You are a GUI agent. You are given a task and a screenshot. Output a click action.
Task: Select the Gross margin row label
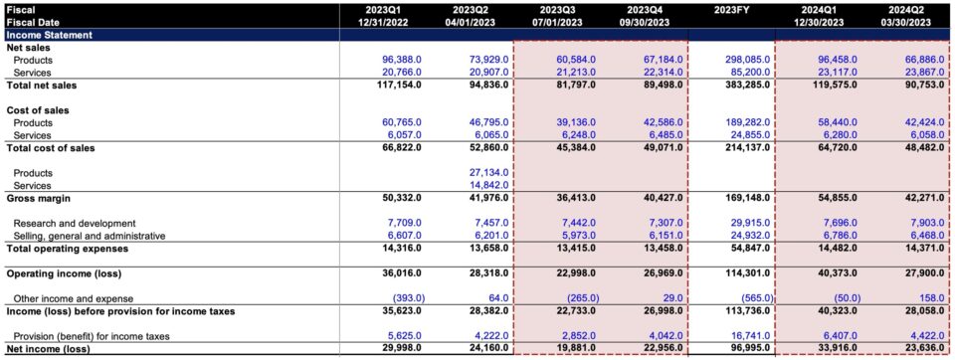(x=37, y=198)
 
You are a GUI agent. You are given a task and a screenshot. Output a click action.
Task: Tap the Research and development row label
(x=75, y=224)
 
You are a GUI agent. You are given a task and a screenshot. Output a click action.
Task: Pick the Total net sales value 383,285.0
(x=736, y=86)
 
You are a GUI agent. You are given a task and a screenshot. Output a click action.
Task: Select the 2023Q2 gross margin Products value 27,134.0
(x=487, y=173)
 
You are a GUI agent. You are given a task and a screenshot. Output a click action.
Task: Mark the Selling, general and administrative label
(x=89, y=236)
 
